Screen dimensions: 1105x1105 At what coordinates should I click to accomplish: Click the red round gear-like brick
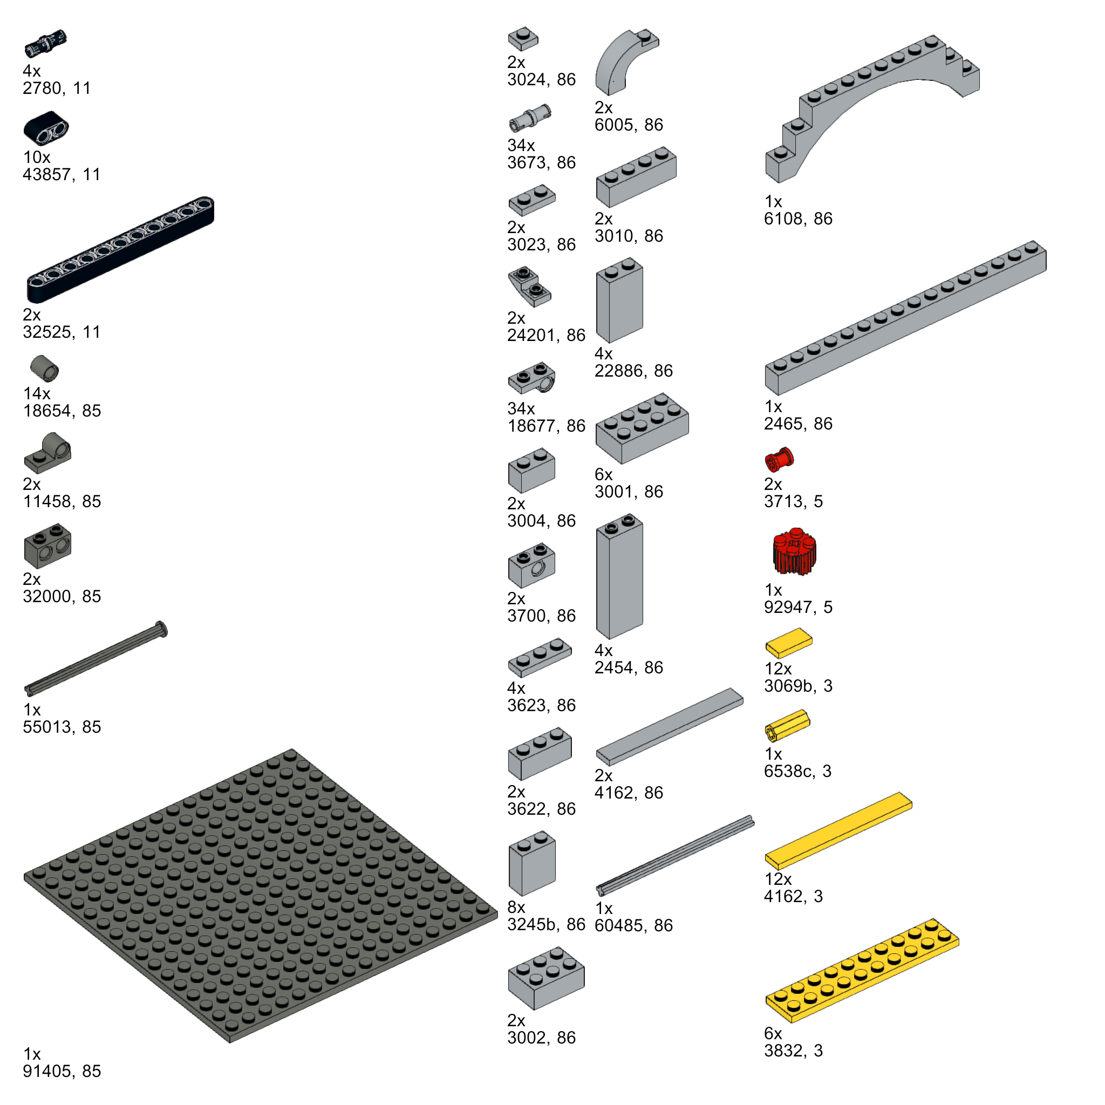[794, 552]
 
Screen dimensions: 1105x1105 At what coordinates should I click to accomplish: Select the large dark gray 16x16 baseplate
[260, 895]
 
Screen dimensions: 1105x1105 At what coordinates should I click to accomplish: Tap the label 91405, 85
[62, 1070]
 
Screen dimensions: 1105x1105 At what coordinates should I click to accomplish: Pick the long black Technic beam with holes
[120, 249]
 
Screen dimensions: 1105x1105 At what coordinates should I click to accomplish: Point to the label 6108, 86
[798, 219]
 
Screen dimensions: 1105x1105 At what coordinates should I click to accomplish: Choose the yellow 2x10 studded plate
[862, 971]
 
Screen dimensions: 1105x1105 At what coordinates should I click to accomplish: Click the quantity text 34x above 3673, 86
[521, 145]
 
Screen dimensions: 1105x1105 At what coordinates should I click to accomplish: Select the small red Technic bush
[779, 459]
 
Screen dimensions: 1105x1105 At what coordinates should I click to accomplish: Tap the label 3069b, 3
[798, 686]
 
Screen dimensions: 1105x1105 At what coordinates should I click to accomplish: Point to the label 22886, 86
[633, 371]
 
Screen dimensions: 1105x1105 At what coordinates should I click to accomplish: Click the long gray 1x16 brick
[905, 318]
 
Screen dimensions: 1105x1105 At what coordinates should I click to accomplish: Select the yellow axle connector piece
[788, 725]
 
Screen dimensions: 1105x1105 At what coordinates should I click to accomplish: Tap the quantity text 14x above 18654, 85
[37, 393]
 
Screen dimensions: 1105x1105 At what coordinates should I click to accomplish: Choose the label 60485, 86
[633, 925]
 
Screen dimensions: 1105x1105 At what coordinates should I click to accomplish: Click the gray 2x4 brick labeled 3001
[642, 428]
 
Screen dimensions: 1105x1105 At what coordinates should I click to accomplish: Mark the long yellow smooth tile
[838, 830]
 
